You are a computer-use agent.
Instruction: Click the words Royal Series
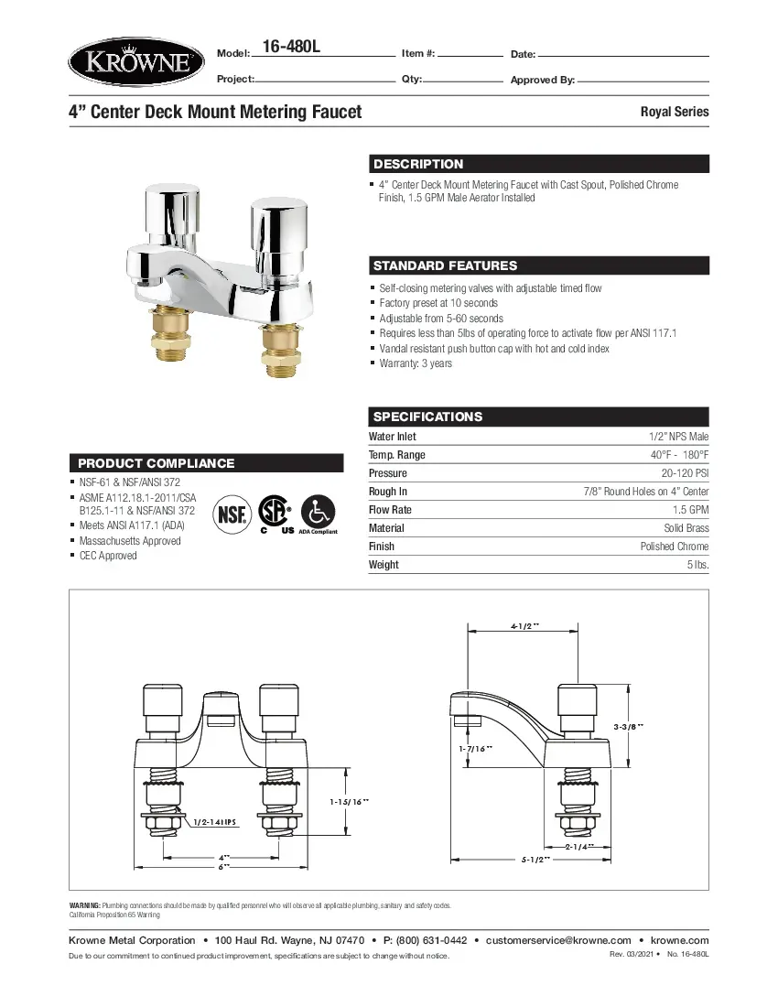click(x=674, y=112)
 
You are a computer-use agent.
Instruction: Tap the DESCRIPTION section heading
click(x=418, y=165)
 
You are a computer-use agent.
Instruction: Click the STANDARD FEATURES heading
click(x=445, y=266)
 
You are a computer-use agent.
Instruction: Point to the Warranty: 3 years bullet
click(x=416, y=363)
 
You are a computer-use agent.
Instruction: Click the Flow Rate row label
click(x=390, y=510)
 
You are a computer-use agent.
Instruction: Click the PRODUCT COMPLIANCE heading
click(x=156, y=463)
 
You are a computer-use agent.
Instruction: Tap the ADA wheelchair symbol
click(x=318, y=510)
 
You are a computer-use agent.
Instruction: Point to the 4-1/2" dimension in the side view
click(x=524, y=626)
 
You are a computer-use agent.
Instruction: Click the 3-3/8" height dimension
click(x=629, y=726)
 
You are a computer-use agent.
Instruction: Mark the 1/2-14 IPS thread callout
click(x=216, y=822)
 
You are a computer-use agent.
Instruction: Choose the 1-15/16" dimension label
click(x=349, y=801)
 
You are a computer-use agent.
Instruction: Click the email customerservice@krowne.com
click(x=558, y=940)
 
